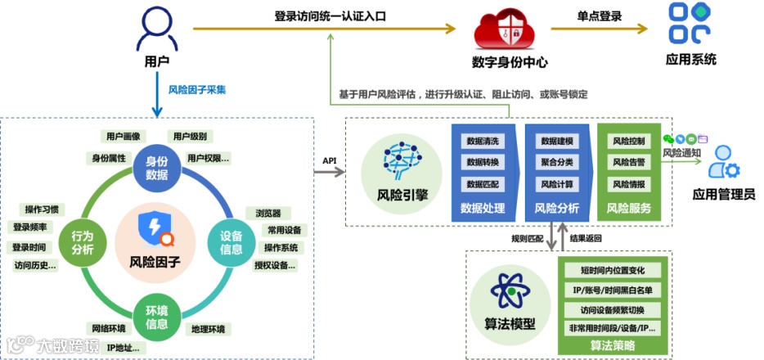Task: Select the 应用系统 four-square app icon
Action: pyautogui.click(x=690, y=25)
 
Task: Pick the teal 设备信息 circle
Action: pyautogui.click(x=231, y=242)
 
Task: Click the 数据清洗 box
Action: pyautogui.click(x=480, y=141)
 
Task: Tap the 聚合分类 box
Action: pyautogui.click(x=556, y=162)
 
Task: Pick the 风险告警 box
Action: pyautogui.click(x=628, y=162)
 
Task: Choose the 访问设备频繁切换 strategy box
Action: pyautogui.click(x=613, y=310)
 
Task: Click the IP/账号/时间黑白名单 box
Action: pyautogui.click(x=613, y=290)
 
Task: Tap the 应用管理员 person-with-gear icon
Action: pyautogui.click(x=723, y=164)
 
